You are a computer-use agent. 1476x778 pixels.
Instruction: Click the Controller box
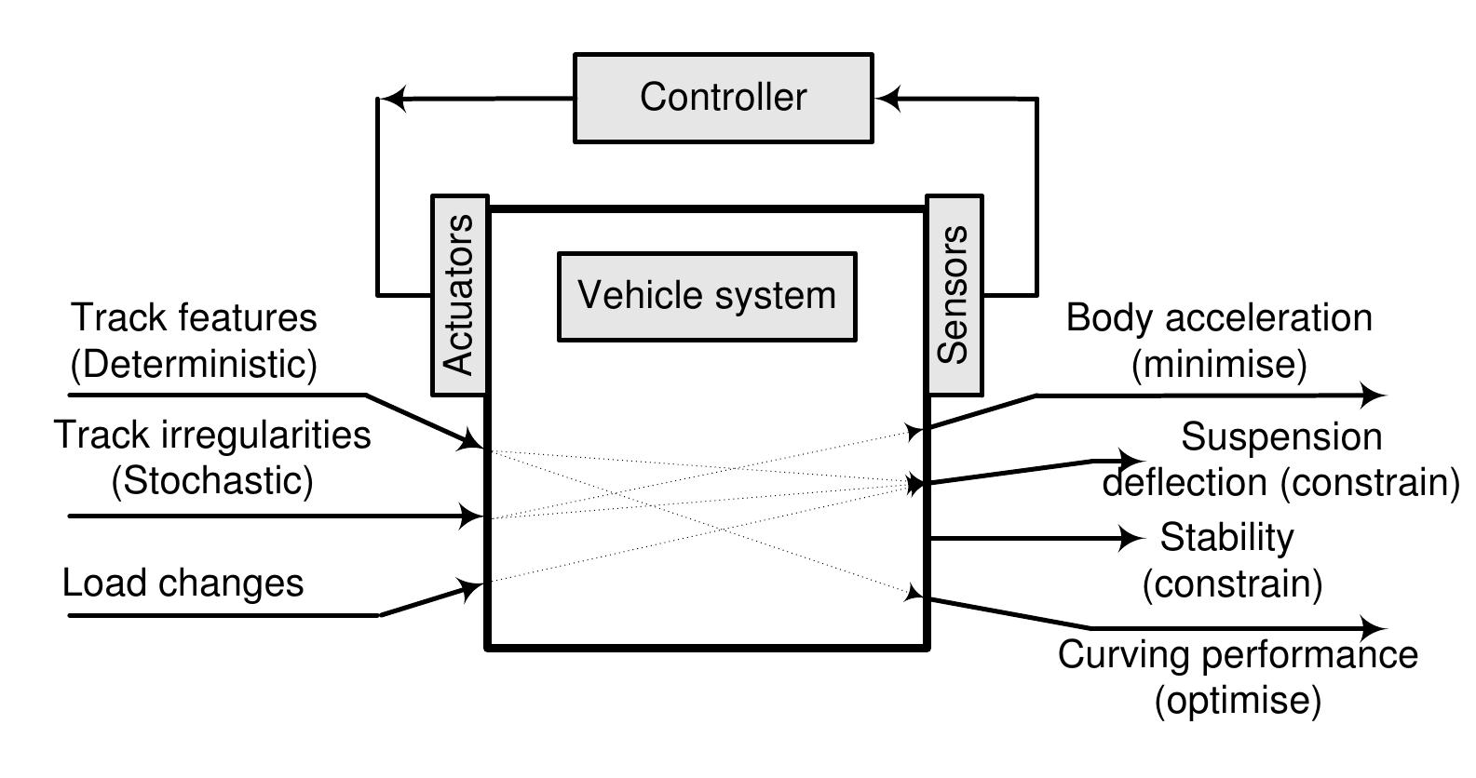(723, 98)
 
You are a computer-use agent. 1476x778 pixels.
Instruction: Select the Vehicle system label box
(706, 296)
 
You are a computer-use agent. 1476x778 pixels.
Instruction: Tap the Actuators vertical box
(460, 295)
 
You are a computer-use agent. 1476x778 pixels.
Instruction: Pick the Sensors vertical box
(954, 295)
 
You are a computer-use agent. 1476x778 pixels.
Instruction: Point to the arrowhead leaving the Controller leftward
(396, 98)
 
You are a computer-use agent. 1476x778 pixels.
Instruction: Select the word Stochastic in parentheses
(212, 481)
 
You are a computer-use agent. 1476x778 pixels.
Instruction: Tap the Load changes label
(183, 583)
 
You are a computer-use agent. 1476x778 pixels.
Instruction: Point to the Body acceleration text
(1219, 317)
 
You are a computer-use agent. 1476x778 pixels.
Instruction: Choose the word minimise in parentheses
(1219, 364)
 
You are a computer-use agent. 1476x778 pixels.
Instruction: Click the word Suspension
(1281, 436)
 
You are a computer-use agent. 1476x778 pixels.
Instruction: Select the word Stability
(1226, 537)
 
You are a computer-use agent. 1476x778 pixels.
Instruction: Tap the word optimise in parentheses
(1238, 700)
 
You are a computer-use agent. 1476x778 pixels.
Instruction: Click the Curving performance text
(1238, 654)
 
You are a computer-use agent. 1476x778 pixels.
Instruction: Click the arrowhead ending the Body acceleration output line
(1374, 395)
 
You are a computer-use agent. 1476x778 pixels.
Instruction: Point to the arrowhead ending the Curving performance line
(1374, 628)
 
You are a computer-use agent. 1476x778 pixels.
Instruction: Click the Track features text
(194, 318)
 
